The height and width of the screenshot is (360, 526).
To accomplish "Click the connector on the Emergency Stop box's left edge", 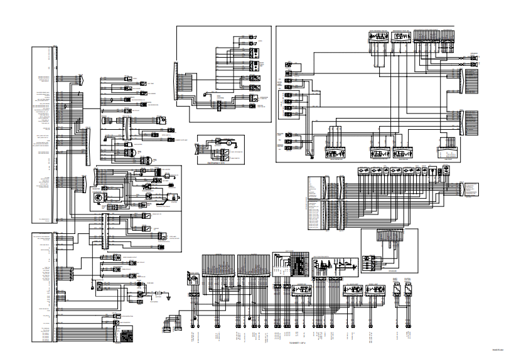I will click(198, 147).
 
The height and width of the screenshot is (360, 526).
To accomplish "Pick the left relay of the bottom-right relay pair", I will click(395, 290).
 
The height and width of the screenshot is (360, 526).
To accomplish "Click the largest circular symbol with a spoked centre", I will click(99, 198).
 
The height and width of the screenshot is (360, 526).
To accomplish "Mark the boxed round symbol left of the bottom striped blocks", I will click(193, 278).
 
